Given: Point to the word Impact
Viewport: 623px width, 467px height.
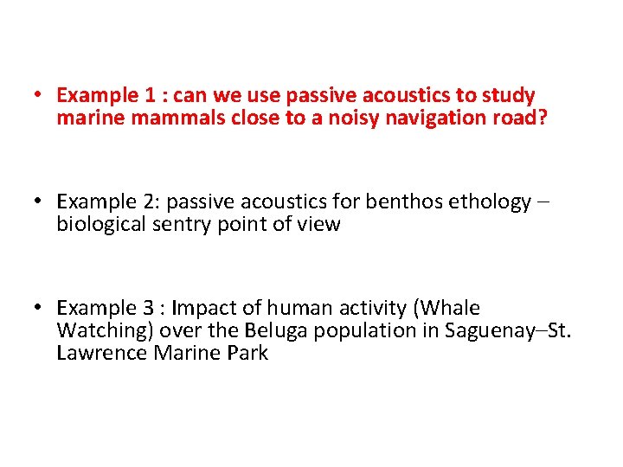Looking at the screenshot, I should click(206, 309).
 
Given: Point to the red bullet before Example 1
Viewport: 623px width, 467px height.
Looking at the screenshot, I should click(40, 95).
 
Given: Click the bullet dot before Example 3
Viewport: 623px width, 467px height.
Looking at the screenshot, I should click(40, 309).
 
